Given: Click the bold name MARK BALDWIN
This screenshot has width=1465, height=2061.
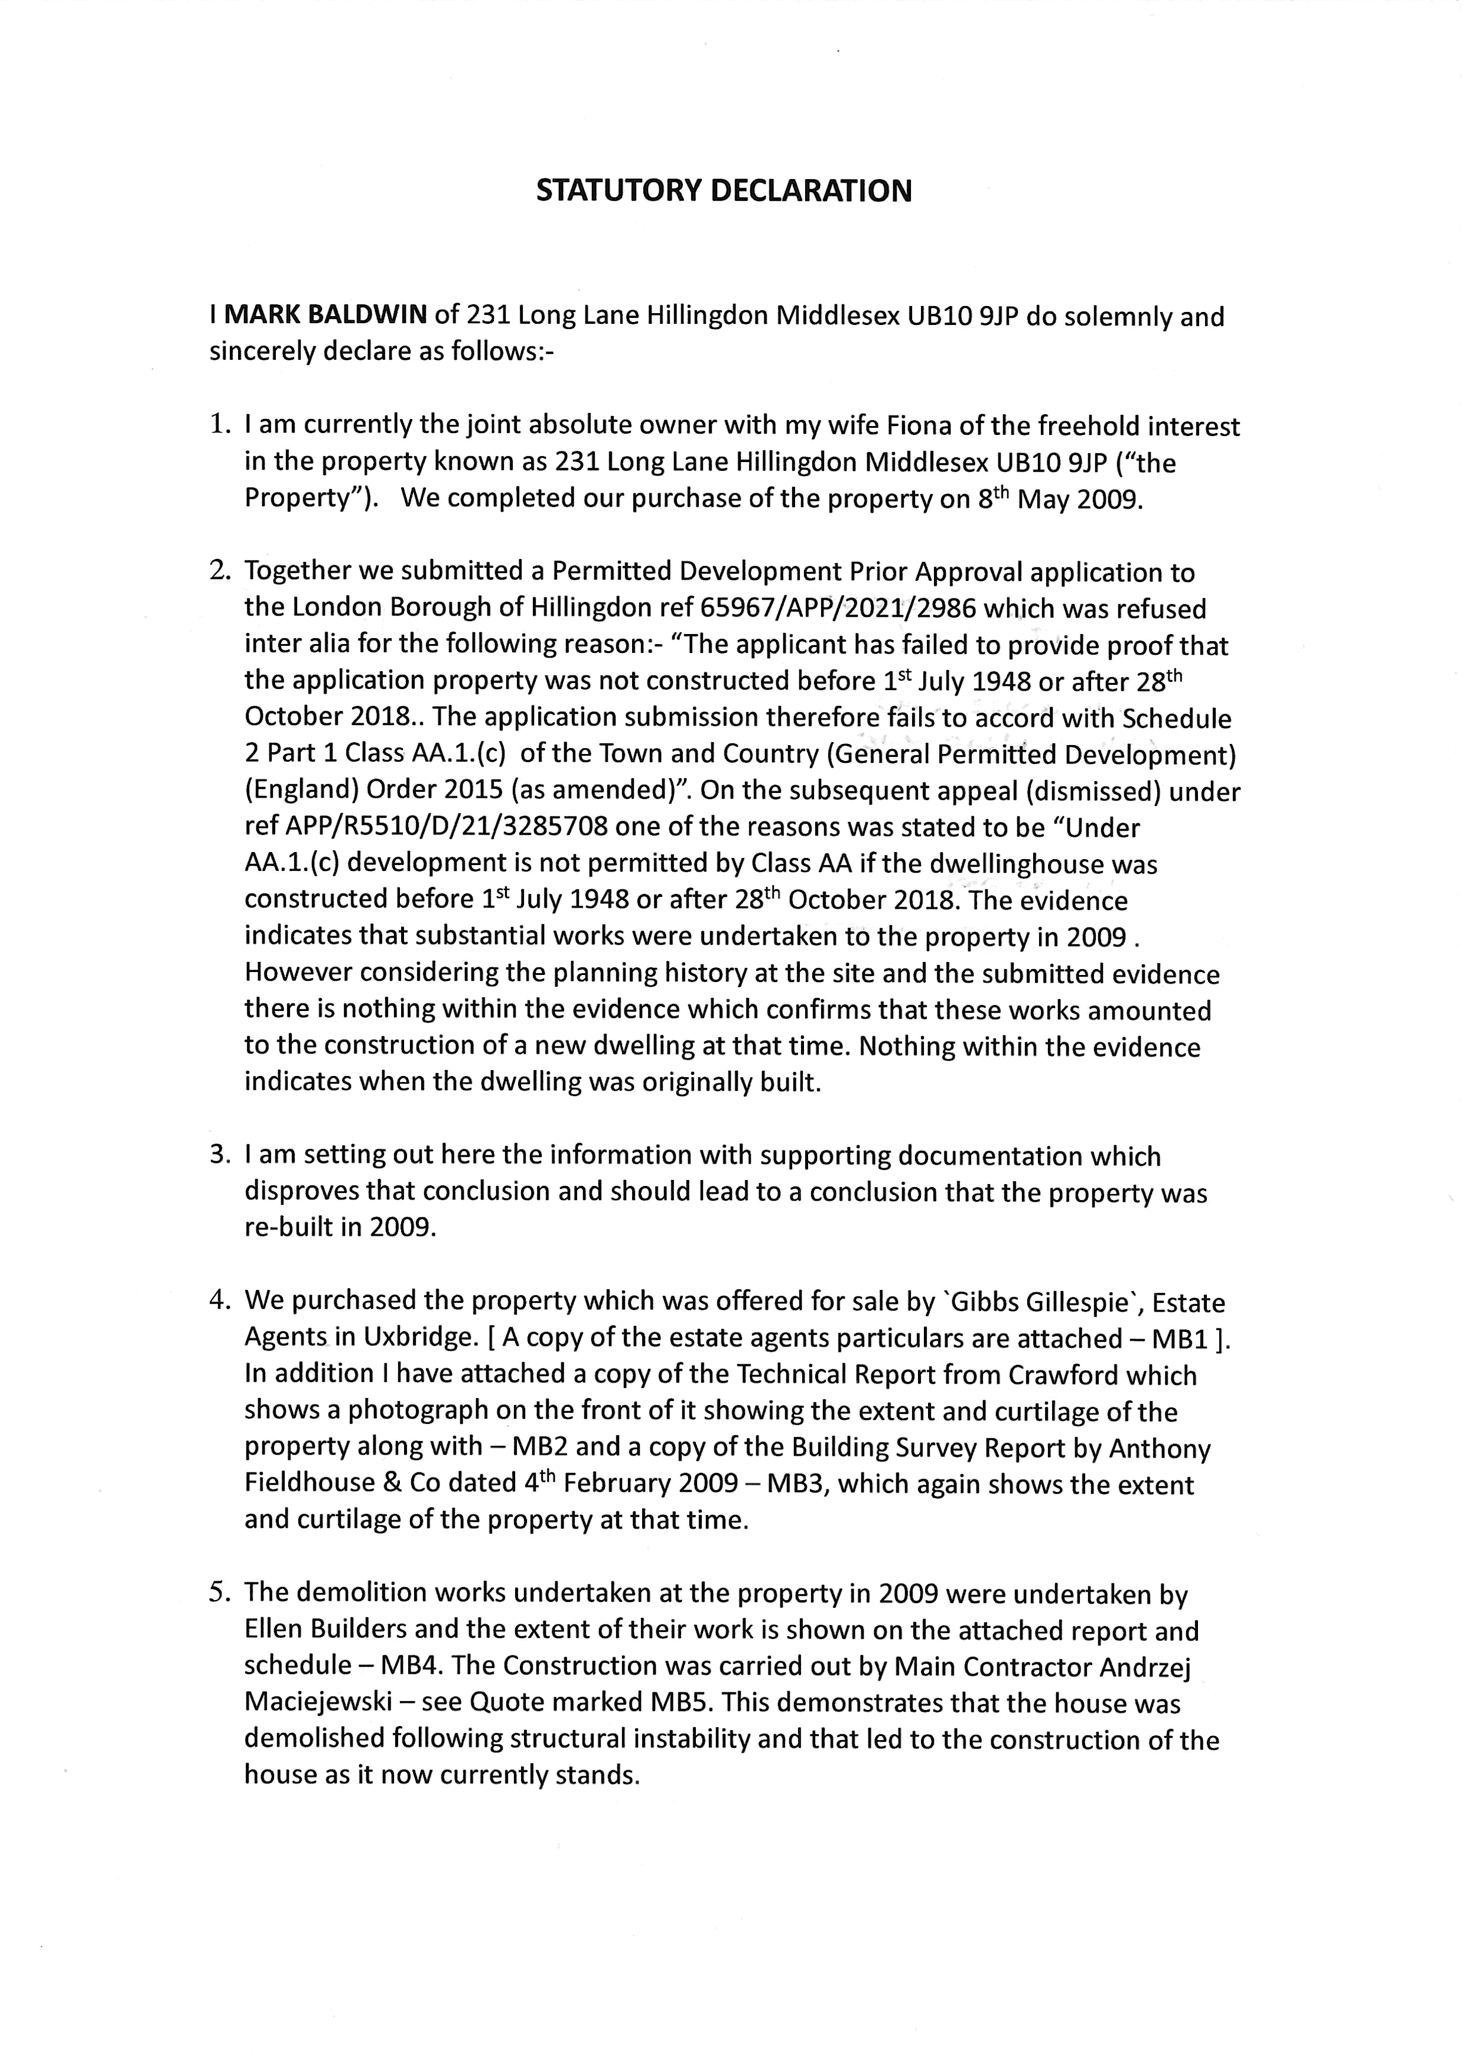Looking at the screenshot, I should click(x=325, y=316).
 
